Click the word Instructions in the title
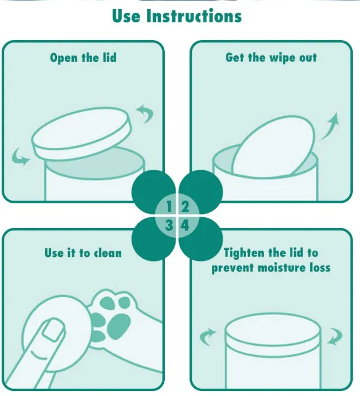[194, 16]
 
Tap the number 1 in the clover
[169, 206]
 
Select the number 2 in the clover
[185, 206]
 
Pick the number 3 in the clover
[169, 225]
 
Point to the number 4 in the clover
[185, 225]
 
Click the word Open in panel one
[64, 58]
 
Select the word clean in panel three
[108, 253]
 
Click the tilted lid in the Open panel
[82, 134]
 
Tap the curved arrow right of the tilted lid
[145, 113]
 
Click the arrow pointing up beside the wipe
[330, 126]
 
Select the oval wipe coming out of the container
[273, 146]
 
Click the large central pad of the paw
[119, 326]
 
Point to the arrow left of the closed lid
[207, 336]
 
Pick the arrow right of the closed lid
[335, 336]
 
